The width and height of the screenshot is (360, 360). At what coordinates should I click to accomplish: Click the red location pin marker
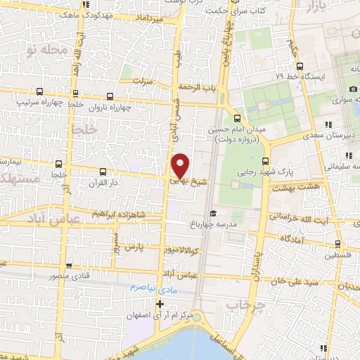tap(181, 165)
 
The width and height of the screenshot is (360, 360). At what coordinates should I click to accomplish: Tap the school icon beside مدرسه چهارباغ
tap(213, 213)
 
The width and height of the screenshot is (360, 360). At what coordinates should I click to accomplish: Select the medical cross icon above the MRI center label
tap(160, 304)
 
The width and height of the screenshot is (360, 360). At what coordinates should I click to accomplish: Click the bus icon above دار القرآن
tap(103, 171)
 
